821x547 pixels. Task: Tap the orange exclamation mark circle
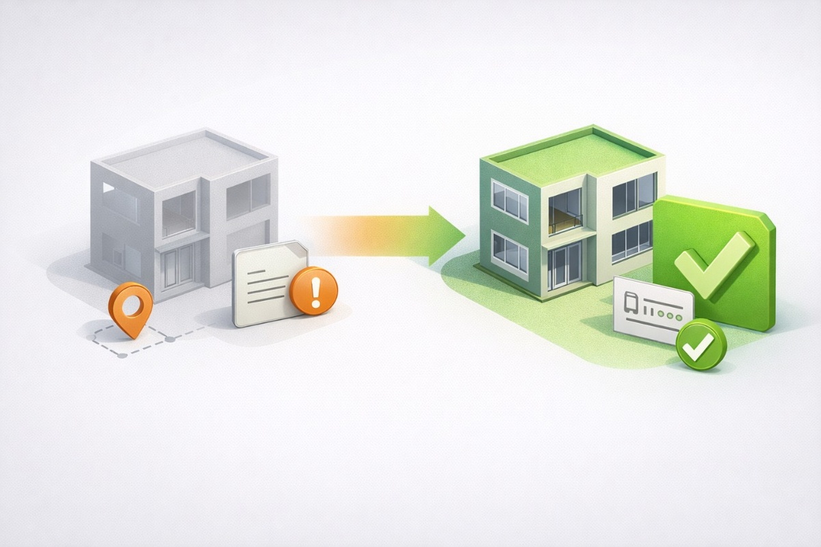(314, 291)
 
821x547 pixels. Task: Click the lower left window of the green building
(510, 253)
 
